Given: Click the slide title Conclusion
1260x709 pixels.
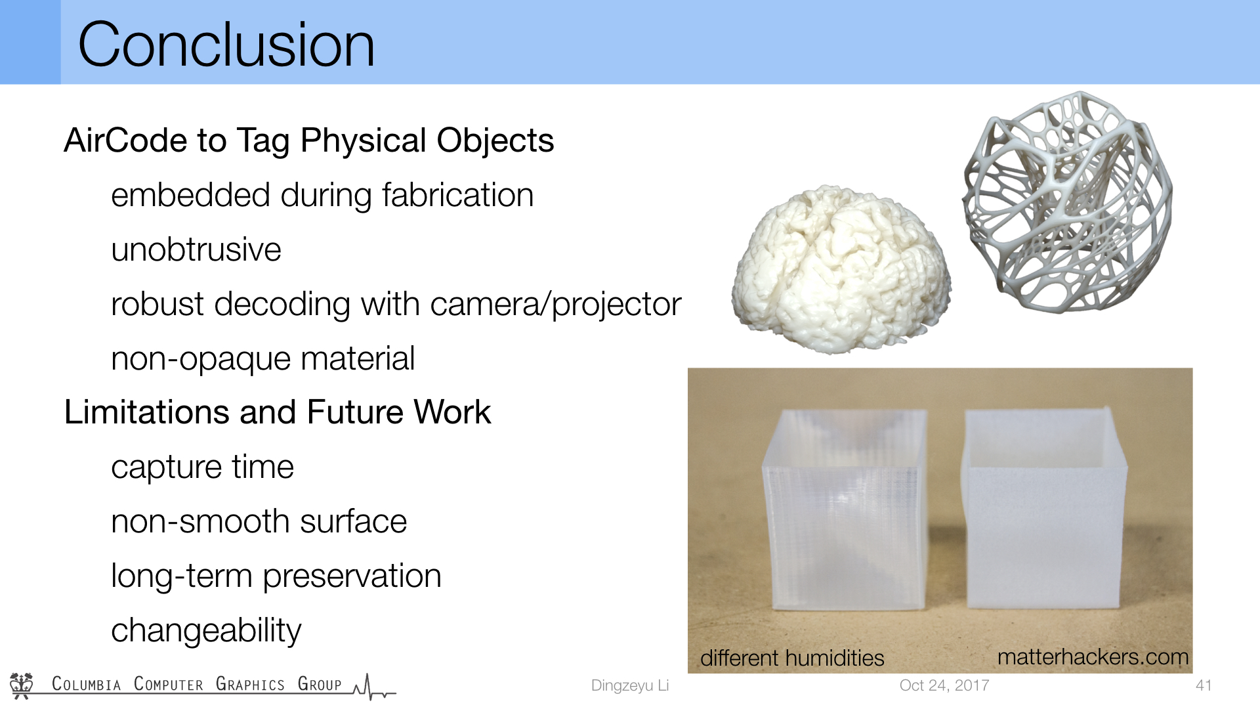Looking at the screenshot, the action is point(226,45).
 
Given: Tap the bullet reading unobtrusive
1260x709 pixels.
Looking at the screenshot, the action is point(196,250).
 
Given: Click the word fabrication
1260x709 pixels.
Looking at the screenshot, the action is point(457,195).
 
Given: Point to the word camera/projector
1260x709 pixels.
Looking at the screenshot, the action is point(556,305).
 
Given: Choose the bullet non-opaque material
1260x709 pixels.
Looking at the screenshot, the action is point(263,359).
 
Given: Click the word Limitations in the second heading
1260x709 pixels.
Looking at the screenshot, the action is point(147,412).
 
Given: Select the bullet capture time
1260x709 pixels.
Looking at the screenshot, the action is point(202,467).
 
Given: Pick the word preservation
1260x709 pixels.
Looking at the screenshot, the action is point(352,576).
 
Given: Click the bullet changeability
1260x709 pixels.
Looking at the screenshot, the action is point(206,631).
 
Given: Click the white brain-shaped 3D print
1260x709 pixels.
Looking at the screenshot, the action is point(842,269).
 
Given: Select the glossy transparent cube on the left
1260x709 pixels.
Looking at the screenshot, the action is point(845,509).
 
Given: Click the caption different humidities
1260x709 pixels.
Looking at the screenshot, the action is point(792,658).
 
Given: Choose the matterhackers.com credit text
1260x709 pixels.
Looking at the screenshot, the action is point(1093,656).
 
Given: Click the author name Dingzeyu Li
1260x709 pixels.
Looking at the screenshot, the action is point(629,685).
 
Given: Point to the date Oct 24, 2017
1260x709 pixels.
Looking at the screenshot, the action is point(944,685).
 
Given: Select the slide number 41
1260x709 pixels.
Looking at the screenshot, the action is point(1204,685).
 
